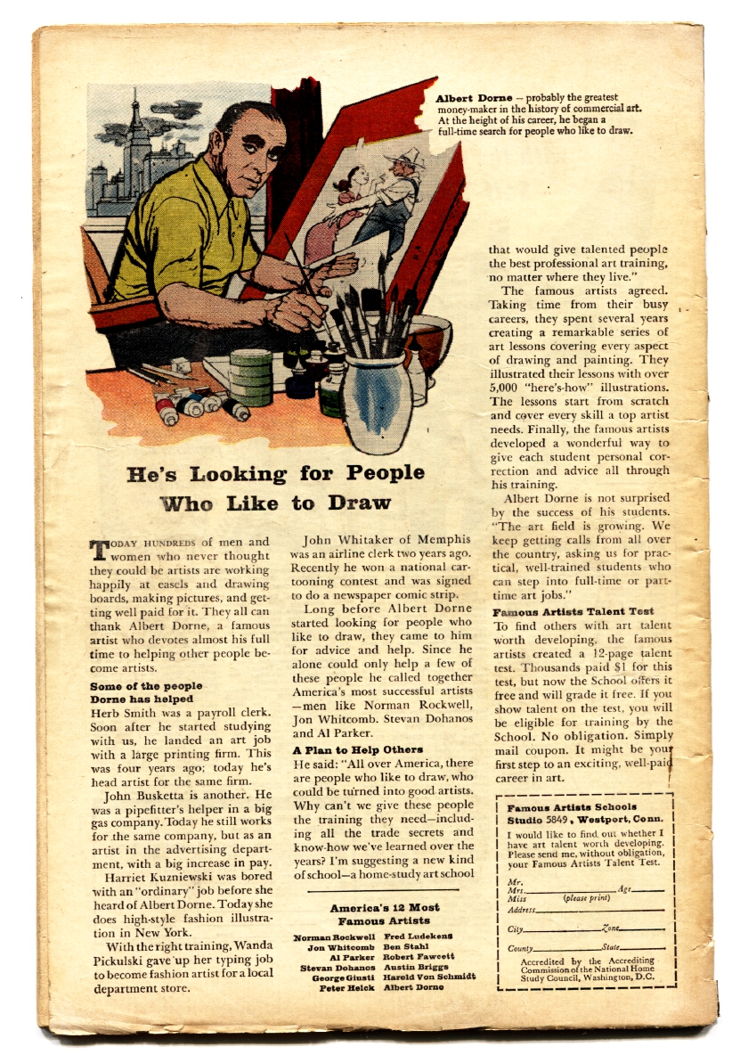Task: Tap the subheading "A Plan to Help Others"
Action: tap(358, 750)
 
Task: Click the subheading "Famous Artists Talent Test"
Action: tap(573, 611)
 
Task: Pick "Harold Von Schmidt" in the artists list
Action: tap(429, 977)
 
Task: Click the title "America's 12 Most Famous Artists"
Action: tap(385, 914)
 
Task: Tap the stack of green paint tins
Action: tap(250, 374)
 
